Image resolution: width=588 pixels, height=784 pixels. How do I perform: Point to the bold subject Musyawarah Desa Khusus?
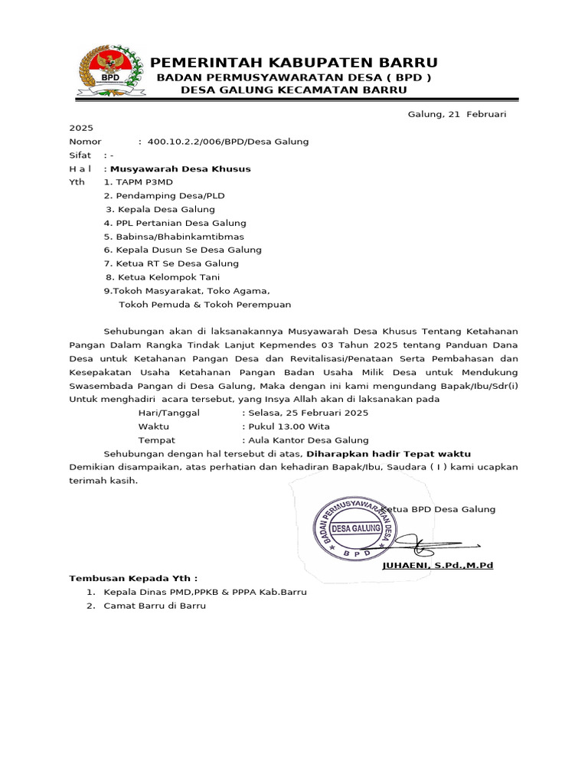click(181, 168)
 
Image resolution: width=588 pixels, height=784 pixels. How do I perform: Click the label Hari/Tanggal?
click(168, 413)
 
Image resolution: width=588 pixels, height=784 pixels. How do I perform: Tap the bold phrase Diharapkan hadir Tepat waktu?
click(388, 454)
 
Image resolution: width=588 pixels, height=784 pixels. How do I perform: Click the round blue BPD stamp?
click(358, 528)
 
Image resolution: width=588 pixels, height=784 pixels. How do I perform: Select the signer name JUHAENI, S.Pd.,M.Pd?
click(437, 565)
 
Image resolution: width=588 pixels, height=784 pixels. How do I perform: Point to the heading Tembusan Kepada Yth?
click(134, 578)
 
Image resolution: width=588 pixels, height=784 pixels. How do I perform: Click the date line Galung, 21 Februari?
click(457, 114)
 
